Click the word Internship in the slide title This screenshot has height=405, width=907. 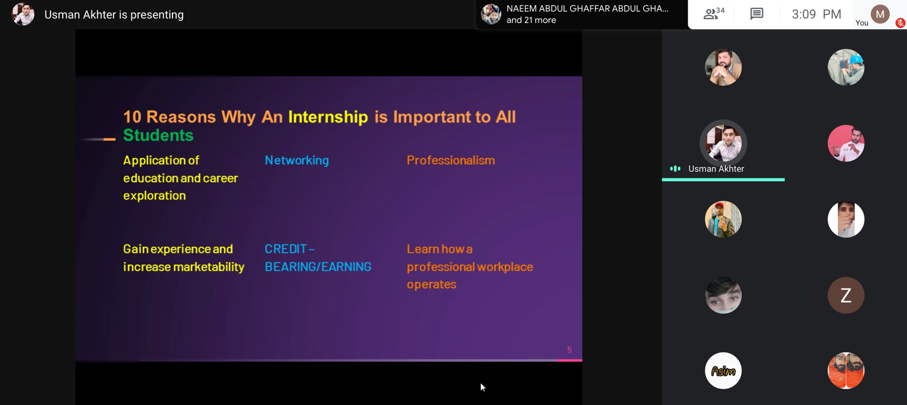[328, 117]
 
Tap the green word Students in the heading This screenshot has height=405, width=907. [159, 135]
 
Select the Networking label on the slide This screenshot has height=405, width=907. [297, 161]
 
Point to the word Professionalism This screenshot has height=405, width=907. [451, 160]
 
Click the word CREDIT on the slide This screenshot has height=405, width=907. [286, 249]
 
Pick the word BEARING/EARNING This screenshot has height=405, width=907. [318, 267]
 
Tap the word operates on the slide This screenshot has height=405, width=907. [431, 284]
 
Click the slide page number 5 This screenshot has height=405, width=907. [570, 350]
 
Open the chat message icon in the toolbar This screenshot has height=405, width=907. [757, 14]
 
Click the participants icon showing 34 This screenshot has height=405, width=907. [714, 14]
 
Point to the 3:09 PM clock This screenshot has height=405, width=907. [816, 15]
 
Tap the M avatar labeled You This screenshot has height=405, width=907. [880, 14]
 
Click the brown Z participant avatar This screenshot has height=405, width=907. [846, 295]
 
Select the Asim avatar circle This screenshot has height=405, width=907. [723, 371]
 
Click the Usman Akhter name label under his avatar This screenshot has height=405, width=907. [716, 169]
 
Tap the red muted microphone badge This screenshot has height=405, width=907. [900, 23]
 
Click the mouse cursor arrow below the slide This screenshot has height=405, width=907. [483, 387]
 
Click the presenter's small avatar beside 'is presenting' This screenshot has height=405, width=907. [23, 14]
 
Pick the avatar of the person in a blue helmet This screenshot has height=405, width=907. [846, 67]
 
